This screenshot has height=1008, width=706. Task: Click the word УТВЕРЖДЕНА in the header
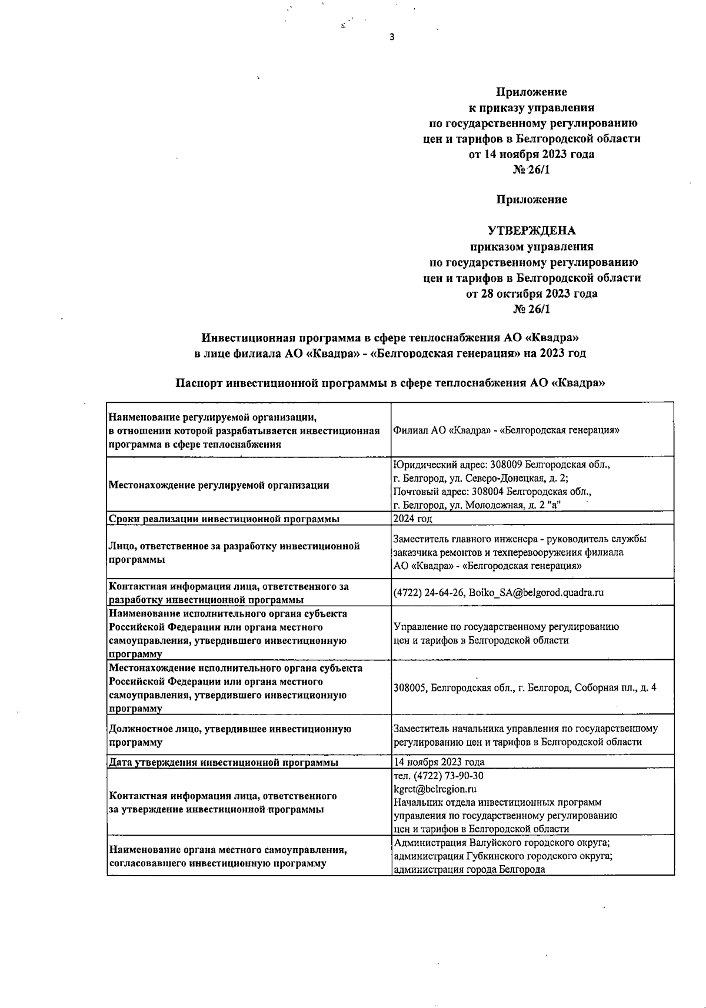coord(531,231)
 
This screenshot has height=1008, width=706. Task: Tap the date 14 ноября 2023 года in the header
coord(531,155)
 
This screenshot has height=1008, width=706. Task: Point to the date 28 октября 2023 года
coord(531,293)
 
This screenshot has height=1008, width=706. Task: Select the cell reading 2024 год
coord(412,519)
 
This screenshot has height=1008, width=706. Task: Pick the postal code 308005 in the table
coord(410,687)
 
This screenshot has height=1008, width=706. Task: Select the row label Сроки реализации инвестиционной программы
coord(224,519)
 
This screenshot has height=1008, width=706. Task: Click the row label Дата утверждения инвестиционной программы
coord(224,763)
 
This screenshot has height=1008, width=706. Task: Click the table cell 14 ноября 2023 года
coord(439,762)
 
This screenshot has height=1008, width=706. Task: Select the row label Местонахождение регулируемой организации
coord(219,485)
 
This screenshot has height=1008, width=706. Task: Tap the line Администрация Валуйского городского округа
coord(501,843)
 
